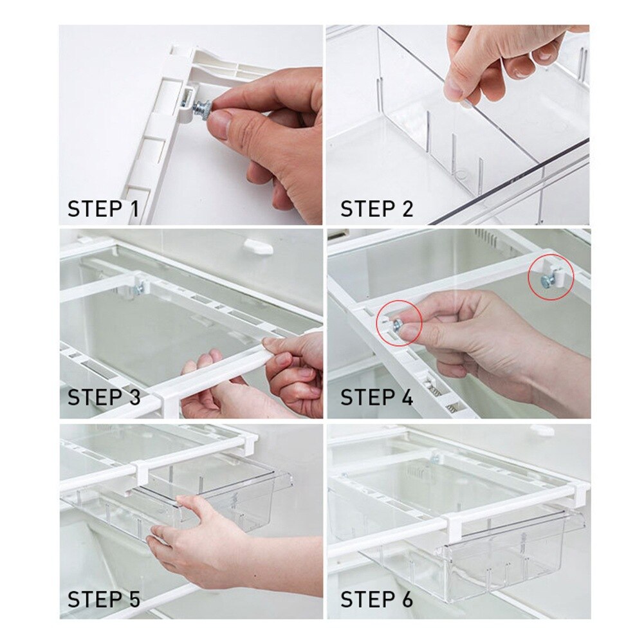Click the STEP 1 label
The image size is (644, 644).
[103, 209]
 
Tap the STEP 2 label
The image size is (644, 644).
[376, 209]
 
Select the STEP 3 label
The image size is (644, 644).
[104, 398]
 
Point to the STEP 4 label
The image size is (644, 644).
[377, 398]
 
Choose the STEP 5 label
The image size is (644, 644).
[104, 600]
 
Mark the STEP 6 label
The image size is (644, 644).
[377, 600]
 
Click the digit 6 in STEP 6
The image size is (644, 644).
[406, 600]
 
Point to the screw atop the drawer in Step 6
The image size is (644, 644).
[436, 459]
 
